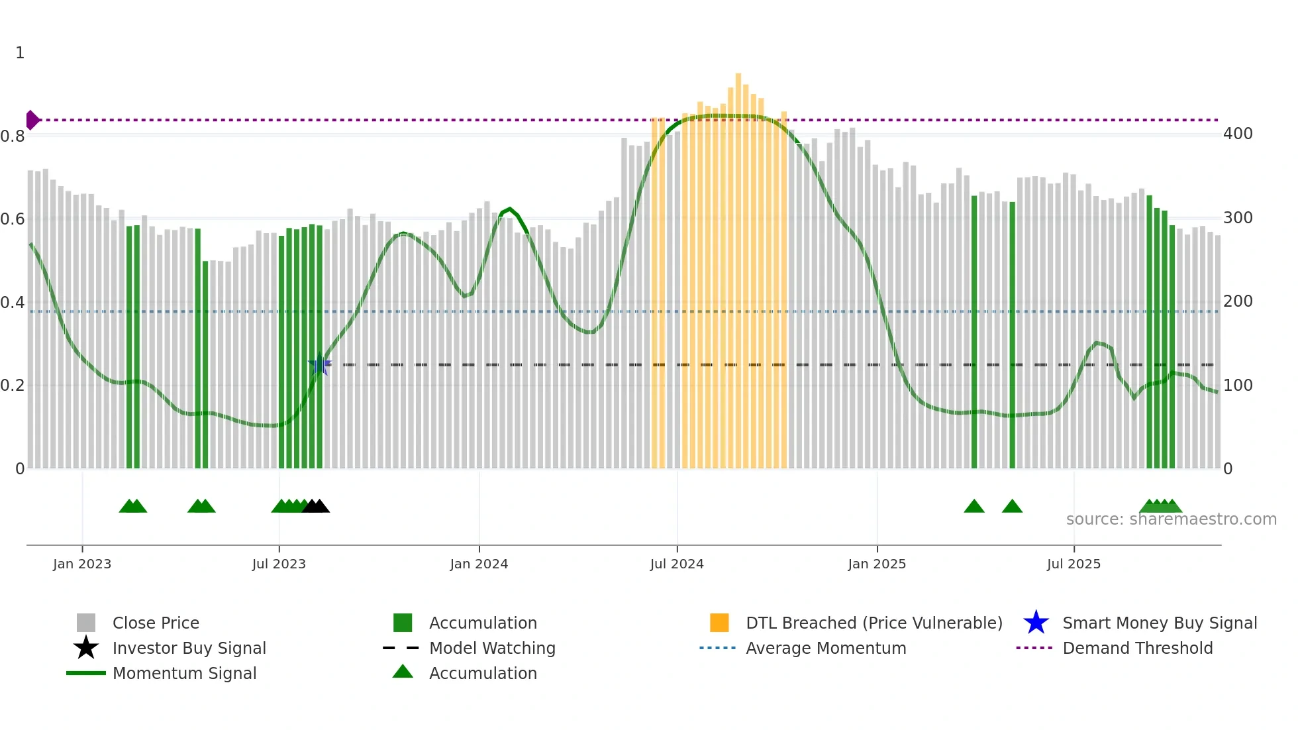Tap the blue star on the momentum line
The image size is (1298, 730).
click(320, 364)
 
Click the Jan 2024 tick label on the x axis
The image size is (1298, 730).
click(479, 564)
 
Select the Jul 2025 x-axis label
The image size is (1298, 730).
click(1073, 564)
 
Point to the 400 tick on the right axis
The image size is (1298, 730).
click(1237, 134)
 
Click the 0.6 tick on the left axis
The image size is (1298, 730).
click(13, 219)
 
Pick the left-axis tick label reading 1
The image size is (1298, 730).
click(20, 53)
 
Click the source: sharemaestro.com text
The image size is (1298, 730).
click(1171, 519)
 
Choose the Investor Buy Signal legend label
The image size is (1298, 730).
click(189, 649)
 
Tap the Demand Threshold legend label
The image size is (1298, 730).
click(1137, 649)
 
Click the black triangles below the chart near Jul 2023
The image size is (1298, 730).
click(316, 507)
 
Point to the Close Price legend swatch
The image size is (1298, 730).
click(86, 623)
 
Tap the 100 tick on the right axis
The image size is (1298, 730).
click(1237, 386)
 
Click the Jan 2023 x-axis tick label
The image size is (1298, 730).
click(82, 564)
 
